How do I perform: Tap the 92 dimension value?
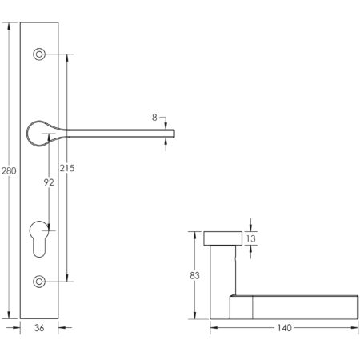(x=48, y=182)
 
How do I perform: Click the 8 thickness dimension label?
(x=154, y=118)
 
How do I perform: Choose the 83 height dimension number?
(x=193, y=276)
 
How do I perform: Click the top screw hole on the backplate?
(x=39, y=54)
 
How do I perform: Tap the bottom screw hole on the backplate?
(x=39, y=282)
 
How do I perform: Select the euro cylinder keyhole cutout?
(x=39, y=238)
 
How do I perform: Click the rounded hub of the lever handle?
(x=39, y=133)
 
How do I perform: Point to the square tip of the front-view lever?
(x=170, y=130)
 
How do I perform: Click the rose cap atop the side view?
(x=223, y=238)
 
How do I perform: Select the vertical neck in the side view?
(x=223, y=272)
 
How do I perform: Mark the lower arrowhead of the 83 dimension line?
(x=193, y=316)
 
